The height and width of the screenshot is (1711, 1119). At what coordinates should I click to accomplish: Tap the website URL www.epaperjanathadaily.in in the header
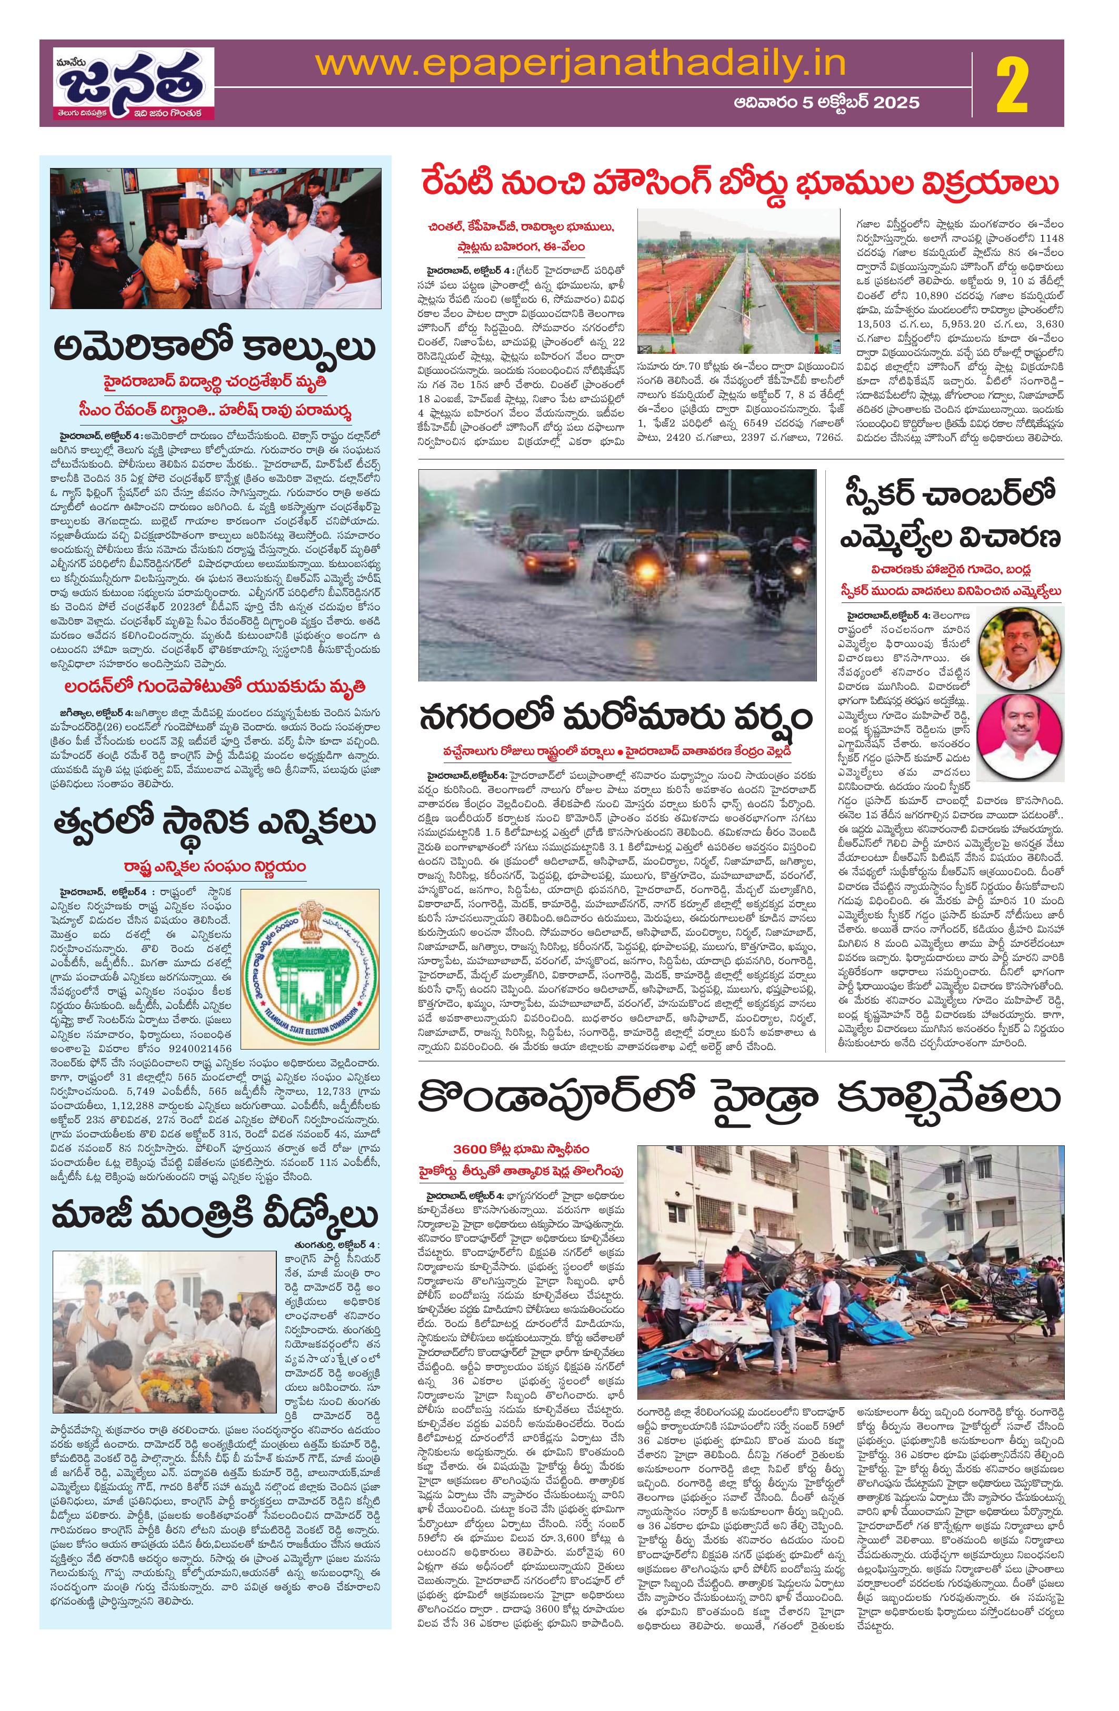click(x=581, y=63)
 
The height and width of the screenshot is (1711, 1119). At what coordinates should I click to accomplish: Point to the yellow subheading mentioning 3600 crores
click(x=523, y=1144)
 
